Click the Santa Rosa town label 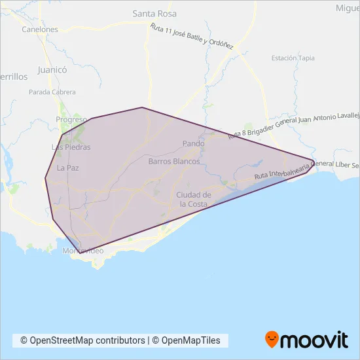tap(154, 13)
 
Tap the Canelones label tap(40, 29)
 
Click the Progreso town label tap(71, 120)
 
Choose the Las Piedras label tap(71, 147)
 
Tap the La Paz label tap(67, 168)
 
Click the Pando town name tap(193, 143)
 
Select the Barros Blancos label tap(174, 161)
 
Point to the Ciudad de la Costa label tap(193, 200)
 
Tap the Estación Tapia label tap(293, 58)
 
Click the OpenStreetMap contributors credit tap(82, 340)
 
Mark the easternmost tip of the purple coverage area tap(314, 162)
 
